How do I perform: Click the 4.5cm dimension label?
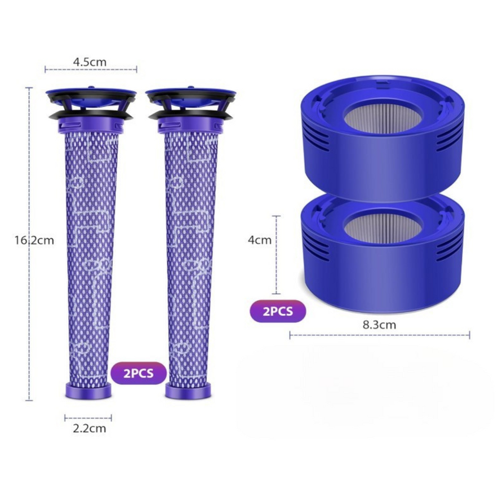tap(90, 62)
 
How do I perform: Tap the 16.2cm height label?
tap(34, 240)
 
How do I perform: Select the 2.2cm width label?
tap(89, 429)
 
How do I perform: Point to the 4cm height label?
tap(260, 240)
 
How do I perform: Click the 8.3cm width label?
tap(379, 325)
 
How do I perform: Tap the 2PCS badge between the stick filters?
tap(139, 373)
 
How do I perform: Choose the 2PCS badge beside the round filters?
tap(278, 311)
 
